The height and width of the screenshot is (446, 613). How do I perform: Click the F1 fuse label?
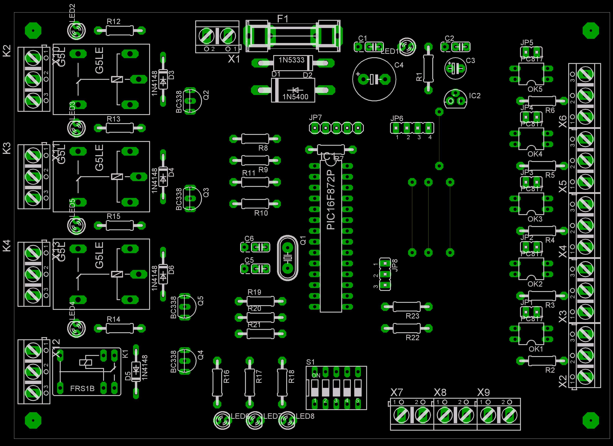(x=283, y=19)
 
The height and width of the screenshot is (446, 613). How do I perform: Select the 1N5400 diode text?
(x=295, y=97)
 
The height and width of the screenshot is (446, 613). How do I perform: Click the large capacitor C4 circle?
(x=374, y=79)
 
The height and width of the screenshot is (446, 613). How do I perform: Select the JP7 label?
(x=315, y=118)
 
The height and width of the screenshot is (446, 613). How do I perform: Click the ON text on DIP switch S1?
(x=316, y=375)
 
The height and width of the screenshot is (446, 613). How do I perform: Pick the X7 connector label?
(x=397, y=392)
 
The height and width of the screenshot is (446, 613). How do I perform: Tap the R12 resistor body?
(x=120, y=31)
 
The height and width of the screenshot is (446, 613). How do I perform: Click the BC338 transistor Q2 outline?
(x=192, y=101)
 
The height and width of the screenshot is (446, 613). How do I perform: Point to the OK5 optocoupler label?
(x=535, y=89)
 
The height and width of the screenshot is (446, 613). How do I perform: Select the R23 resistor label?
(x=412, y=316)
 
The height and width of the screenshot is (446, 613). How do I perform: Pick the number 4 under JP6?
(x=430, y=137)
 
